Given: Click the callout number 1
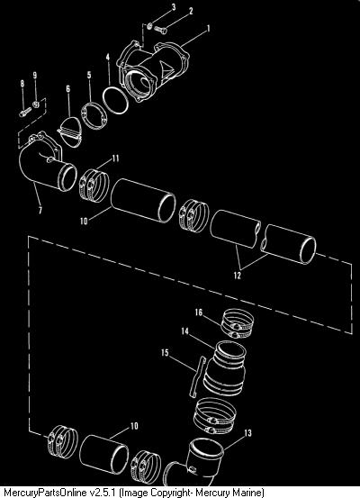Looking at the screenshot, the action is [208, 28].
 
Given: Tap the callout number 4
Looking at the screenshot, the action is [108, 57].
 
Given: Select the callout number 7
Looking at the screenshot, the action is [40, 210].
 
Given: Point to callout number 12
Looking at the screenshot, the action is [237, 276].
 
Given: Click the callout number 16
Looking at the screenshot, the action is [198, 312].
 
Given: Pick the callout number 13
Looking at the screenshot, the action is [247, 433].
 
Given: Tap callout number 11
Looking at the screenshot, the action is [115, 158].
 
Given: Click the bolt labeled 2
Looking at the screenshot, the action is [160, 30].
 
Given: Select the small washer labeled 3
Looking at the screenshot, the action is [150, 25].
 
